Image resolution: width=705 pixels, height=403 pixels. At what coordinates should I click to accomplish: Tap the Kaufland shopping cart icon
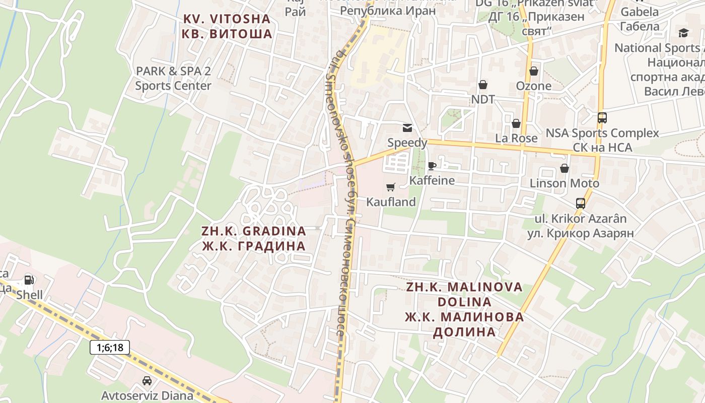pos(390,187)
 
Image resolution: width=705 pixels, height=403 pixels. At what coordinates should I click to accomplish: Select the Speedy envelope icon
pos(407,128)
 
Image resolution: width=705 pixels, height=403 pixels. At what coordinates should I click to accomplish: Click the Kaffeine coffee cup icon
pos(432,165)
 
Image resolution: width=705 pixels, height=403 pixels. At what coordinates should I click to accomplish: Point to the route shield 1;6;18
pos(110,347)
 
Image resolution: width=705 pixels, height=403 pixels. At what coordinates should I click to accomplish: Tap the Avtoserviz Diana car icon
pos(147,381)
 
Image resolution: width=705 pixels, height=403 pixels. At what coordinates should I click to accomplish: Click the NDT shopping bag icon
pos(483,84)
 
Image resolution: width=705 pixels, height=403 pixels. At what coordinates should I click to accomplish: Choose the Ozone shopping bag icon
pos(533,71)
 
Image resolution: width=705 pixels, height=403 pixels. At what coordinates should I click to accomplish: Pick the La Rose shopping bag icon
pos(516,123)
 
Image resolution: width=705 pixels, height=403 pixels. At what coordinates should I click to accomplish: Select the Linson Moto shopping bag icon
pos(565,168)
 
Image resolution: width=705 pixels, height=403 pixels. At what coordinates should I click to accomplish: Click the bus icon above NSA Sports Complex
pos(602,118)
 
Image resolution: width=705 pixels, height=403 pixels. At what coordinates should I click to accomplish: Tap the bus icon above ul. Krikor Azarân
pos(581,204)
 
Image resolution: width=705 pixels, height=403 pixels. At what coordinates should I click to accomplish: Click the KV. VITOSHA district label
pos(227,27)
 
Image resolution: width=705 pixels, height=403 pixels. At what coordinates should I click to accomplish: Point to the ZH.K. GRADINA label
pos(254,238)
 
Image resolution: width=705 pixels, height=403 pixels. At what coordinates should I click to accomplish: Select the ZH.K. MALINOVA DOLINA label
pos(464,309)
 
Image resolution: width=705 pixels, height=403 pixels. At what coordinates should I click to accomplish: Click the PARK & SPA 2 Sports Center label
pos(173,78)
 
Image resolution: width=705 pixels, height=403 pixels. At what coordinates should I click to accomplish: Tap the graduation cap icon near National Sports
pos(683,33)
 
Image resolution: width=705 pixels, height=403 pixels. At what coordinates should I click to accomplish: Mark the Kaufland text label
pos(391,202)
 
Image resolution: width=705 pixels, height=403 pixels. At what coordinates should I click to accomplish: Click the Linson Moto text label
pos(565,183)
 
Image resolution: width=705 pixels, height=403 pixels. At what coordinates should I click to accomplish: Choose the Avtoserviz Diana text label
pos(147,395)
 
